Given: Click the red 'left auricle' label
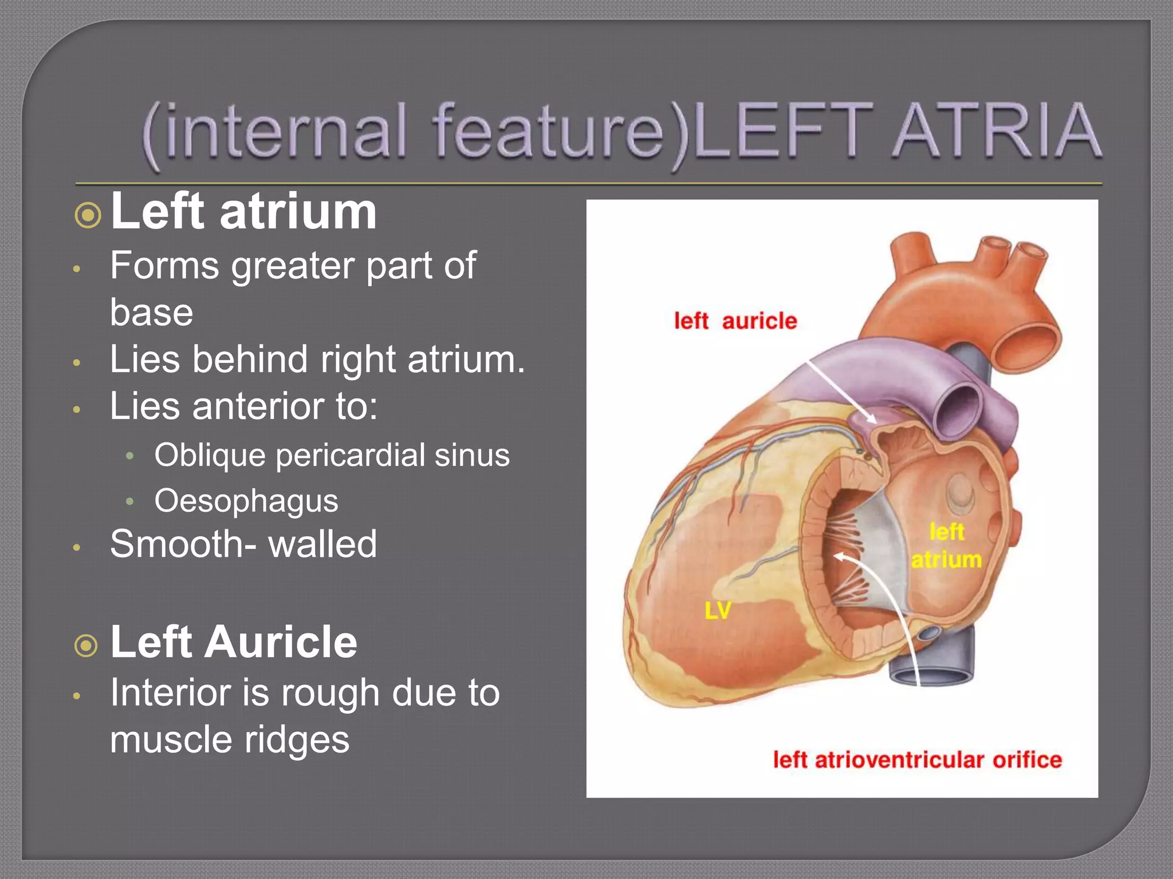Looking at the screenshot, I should pyautogui.click(x=735, y=321).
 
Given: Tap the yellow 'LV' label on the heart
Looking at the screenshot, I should pyautogui.click(x=718, y=611).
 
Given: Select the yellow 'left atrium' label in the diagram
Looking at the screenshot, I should pyautogui.click(x=947, y=545).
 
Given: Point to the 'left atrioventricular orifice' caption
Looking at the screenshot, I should pyautogui.click(x=917, y=760).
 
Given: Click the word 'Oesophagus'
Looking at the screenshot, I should pyautogui.click(x=246, y=501).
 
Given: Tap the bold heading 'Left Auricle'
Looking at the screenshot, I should pyautogui.click(x=234, y=642).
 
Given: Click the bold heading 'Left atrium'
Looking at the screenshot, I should pyautogui.click(x=243, y=211).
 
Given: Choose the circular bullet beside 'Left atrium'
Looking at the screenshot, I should pyautogui.click(x=88, y=216).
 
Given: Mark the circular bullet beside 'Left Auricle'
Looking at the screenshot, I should pyautogui.click(x=86, y=646).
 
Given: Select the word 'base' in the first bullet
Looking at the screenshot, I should pyautogui.click(x=151, y=312).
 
